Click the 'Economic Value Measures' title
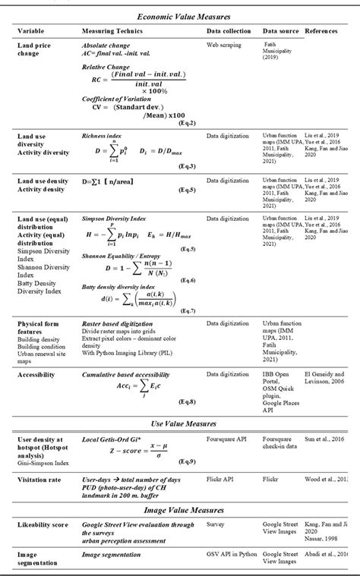pyautogui.click(x=180, y=15)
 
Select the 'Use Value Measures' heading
pyautogui.click(x=180, y=423)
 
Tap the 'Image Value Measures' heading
pyautogui.click(x=180, y=509)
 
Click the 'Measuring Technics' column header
pyautogui.click(x=115, y=33)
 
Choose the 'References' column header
pyautogui.click(x=325, y=33)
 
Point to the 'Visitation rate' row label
pyautogui.click(x=39, y=480)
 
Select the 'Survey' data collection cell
pyautogui.click(x=217, y=524)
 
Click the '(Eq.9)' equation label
pyautogui.click(x=187, y=461)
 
